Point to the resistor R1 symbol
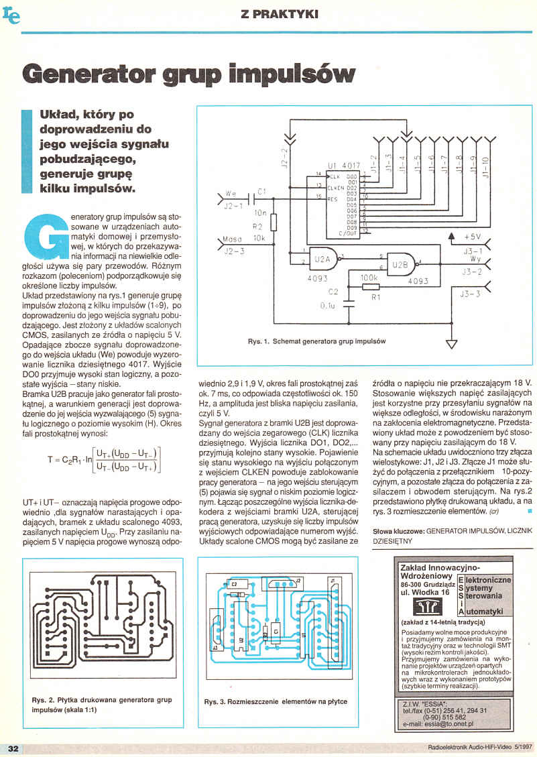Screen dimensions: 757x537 370,287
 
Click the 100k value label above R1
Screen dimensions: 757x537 369,276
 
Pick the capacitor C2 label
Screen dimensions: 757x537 333,292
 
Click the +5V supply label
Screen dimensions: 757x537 472,238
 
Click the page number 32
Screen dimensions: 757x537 12,748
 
